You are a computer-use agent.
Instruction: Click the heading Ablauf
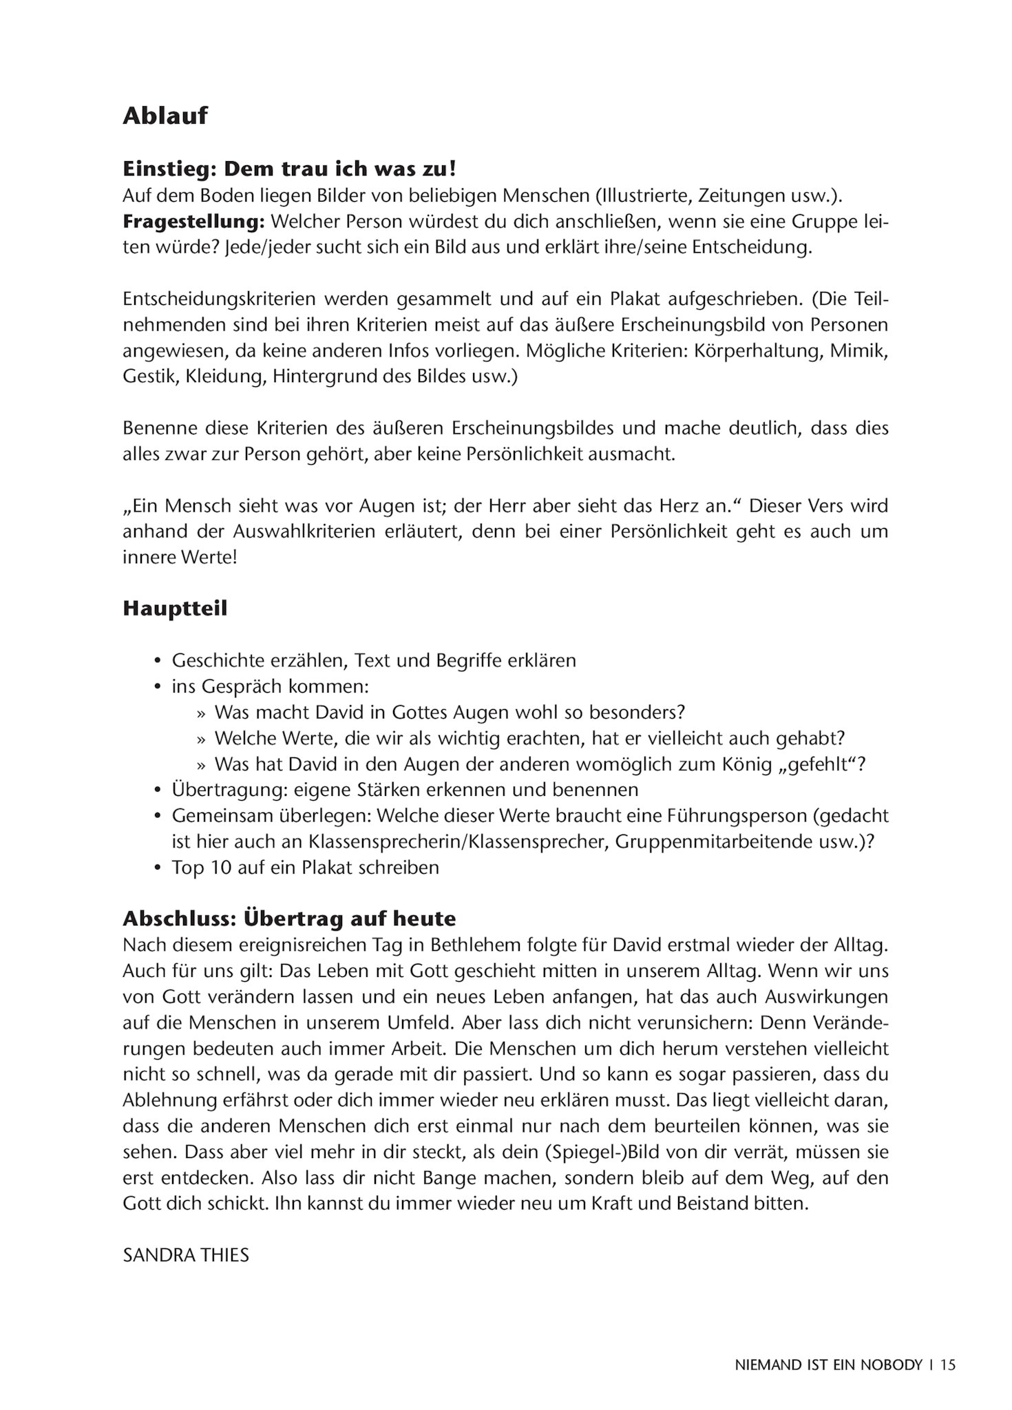click(165, 116)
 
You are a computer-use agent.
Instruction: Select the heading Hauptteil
click(175, 609)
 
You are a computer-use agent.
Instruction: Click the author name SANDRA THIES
click(186, 1254)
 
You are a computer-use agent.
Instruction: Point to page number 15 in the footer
click(948, 1365)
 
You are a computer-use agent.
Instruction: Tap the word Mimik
click(858, 350)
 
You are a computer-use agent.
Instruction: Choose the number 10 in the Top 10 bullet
click(221, 867)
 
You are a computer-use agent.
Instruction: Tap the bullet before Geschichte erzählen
click(157, 661)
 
